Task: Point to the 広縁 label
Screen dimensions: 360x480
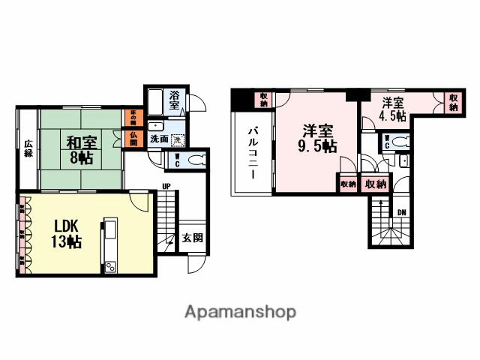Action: pyautogui.click(x=28, y=148)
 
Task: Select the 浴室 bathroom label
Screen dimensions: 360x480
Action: pyautogui.click(x=174, y=100)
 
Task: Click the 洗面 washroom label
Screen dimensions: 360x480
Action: pyautogui.click(x=157, y=139)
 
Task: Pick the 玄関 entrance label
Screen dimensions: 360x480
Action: pyautogui.click(x=192, y=238)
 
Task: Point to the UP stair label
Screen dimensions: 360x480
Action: pyautogui.click(x=166, y=187)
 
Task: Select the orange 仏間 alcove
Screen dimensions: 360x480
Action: pyautogui.click(x=132, y=139)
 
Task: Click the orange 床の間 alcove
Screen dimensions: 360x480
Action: pyautogui.click(x=132, y=118)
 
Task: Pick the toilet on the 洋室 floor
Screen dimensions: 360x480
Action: pyautogui.click(x=397, y=141)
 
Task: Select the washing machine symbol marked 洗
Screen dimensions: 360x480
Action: pyautogui.click(x=177, y=139)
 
